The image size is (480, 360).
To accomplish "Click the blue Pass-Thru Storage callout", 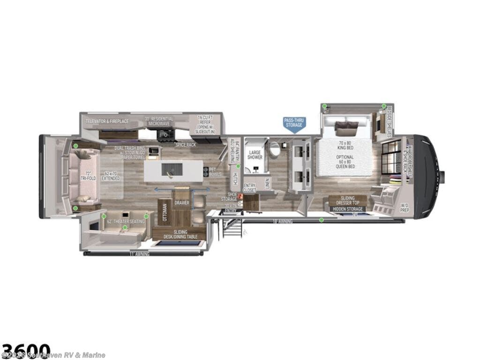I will point(294,123).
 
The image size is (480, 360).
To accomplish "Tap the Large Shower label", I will point(255,155).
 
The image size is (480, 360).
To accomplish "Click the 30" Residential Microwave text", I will point(159,121).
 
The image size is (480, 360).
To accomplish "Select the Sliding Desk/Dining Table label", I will point(180,234).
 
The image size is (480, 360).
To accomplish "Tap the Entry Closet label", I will point(249,188).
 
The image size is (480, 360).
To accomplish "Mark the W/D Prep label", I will point(405,207).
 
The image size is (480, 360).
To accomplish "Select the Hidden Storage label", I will point(348,209).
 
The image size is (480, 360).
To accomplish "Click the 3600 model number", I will point(26,350).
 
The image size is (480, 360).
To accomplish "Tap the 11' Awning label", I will point(139,254).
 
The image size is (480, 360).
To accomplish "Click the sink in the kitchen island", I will point(169,170).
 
